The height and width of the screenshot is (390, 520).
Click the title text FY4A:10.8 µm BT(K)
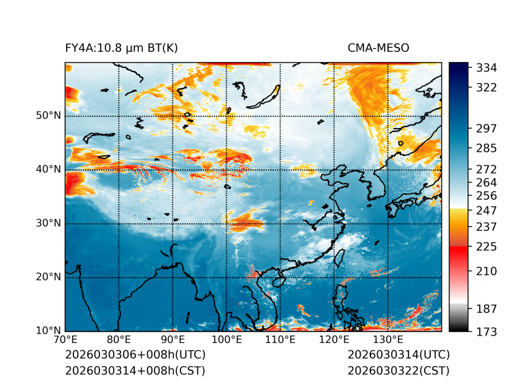pyautogui.click(x=122, y=48)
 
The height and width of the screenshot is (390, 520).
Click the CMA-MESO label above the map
pyautogui.click(x=378, y=48)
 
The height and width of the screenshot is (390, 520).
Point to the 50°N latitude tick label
pyautogui.click(x=49, y=116)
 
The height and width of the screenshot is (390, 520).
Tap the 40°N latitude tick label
pyautogui.click(x=49, y=169)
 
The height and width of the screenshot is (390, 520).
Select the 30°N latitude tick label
pyautogui.click(x=49, y=223)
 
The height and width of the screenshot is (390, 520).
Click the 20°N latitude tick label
pyautogui.click(x=49, y=277)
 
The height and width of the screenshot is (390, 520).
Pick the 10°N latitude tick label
pyautogui.click(x=49, y=331)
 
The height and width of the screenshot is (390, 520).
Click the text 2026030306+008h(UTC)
pyautogui.click(x=135, y=355)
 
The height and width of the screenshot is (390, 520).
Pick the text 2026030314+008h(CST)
pyautogui.click(x=135, y=370)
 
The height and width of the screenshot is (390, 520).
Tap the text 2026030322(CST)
pyautogui.click(x=398, y=370)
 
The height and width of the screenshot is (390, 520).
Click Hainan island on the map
pyautogui.click(x=278, y=281)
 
